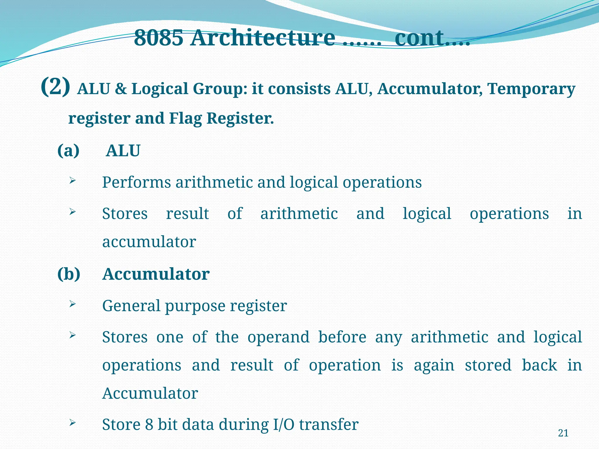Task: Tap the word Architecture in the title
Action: pos(263,38)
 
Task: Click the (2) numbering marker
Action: pos(56,87)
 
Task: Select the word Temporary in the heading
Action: pos(531,89)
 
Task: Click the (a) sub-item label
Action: pos(68,151)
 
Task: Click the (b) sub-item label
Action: pos(69,274)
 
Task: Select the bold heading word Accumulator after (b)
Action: pos(156,274)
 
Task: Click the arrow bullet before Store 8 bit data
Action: pos(73,423)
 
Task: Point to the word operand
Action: pos(278,337)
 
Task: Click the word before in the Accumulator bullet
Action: pos(342,337)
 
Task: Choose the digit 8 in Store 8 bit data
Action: pos(149,424)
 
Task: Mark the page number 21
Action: pos(563,433)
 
